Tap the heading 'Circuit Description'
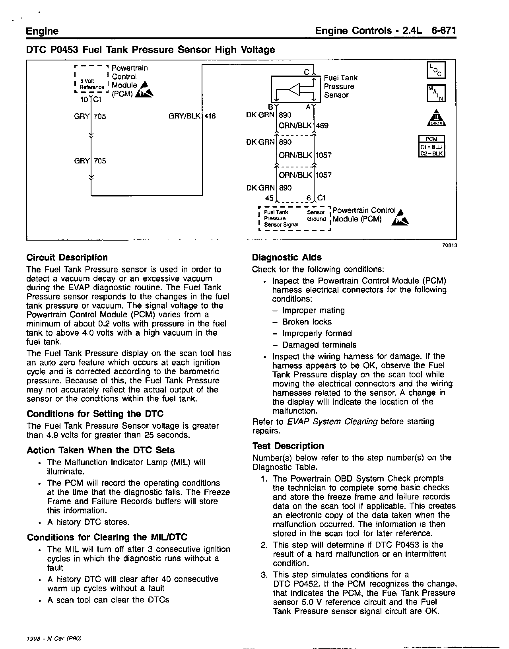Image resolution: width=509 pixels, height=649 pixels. [67, 257]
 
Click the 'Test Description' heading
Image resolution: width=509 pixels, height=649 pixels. [288, 446]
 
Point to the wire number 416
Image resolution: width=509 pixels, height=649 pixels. [210, 117]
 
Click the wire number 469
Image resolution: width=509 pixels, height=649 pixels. [322, 126]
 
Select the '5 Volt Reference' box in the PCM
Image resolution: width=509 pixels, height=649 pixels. [91, 84]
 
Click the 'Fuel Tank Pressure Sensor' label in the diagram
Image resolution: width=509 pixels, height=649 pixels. [340, 86]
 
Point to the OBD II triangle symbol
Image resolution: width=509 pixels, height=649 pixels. [436, 117]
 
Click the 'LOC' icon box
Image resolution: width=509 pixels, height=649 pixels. [436, 70]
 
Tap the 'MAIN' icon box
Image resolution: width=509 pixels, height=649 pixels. [436, 93]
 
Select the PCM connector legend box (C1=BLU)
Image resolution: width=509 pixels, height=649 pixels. [432, 146]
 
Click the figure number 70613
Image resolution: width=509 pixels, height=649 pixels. [449, 245]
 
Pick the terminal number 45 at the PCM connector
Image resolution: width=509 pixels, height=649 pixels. [269, 198]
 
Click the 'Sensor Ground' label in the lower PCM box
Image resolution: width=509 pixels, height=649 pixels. [316, 216]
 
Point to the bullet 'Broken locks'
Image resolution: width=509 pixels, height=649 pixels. [307, 322]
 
